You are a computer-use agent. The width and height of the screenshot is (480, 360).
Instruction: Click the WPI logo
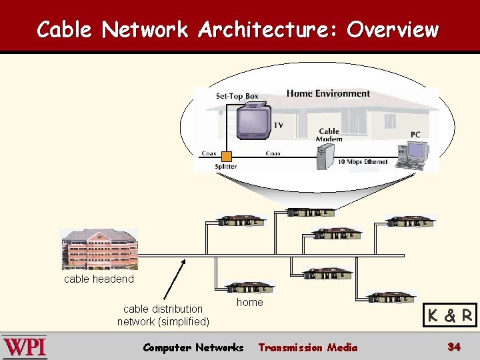pyautogui.click(x=25, y=347)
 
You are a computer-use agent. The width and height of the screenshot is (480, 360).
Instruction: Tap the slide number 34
pyautogui.click(x=454, y=347)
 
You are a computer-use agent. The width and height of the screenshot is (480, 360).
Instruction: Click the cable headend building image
pyautogui.click(x=99, y=249)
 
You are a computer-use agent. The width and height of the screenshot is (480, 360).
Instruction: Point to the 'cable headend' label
pyautogui.click(x=99, y=279)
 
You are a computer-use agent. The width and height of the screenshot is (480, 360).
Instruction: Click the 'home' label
pyautogui.click(x=250, y=302)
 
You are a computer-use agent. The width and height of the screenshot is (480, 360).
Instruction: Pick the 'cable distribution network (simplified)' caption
pyautogui.click(x=163, y=315)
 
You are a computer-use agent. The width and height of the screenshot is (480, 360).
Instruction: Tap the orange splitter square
pyautogui.click(x=226, y=156)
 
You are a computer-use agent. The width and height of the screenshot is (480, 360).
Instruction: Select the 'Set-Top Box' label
pyautogui.click(x=237, y=96)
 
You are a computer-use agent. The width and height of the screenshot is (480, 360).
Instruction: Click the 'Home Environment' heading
pyautogui.click(x=328, y=93)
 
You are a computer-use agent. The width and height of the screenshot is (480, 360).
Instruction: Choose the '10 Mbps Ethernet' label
pyautogui.click(x=363, y=162)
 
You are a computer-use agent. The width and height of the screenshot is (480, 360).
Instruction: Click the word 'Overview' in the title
pyautogui.click(x=393, y=29)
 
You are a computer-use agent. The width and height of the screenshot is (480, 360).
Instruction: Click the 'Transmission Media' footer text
pyautogui.click(x=307, y=347)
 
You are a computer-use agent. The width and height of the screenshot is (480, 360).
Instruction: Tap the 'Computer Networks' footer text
pyautogui.click(x=193, y=347)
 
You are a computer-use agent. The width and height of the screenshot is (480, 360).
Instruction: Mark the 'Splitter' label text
pyautogui.click(x=225, y=167)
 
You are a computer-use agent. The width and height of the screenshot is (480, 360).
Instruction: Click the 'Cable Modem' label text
pyautogui.click(x=329, y=135)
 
